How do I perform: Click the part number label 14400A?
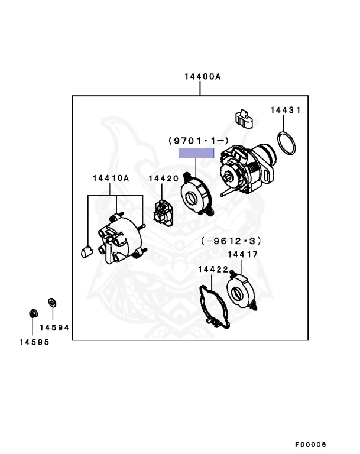point(203,77)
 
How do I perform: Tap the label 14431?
point(286,110)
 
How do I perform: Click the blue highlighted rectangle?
point(196,153)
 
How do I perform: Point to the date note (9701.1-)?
point(199,141)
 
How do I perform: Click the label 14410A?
point(111,178)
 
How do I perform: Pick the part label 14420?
point(164,179)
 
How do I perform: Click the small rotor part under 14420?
point(163,213)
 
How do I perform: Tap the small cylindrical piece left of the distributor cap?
point(86,251)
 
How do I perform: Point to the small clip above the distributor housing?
point(244,119)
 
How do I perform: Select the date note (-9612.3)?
point(231,241)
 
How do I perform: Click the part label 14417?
point(242,255)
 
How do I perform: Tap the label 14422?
point(213,270)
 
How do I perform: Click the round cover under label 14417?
point(241,291)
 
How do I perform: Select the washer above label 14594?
point(52,303)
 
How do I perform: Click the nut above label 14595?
point(33,313)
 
